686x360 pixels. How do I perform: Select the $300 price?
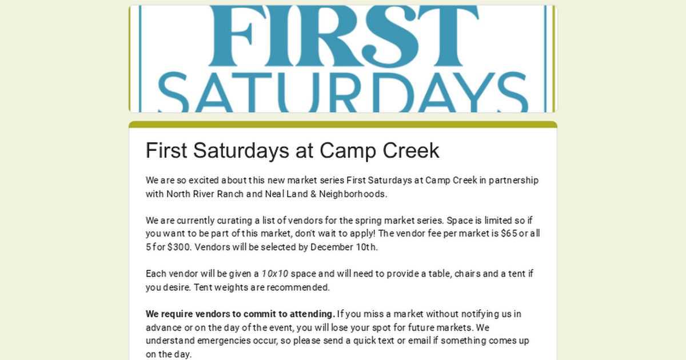(x=179, y=247)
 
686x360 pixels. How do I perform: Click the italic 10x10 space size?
(x=275, y=274)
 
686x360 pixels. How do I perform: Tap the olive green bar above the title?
(x=343, y=125)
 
